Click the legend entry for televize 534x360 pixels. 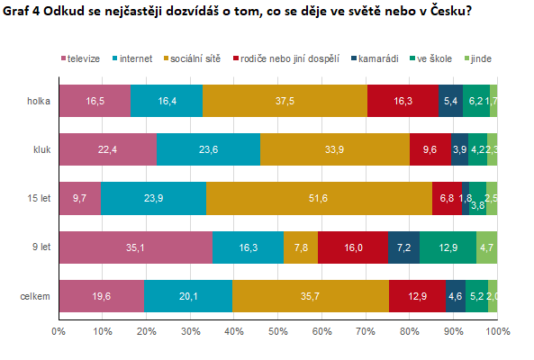[83, 58]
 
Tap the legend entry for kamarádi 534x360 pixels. [376, 58]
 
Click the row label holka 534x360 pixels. [39, 101]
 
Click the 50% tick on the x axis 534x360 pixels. [278, 332]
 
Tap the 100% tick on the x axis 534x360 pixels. [497, 332]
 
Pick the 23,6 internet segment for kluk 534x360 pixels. [208, 149]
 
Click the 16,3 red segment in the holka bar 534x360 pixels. [403, 101]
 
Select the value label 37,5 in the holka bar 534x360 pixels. [285, 101]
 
